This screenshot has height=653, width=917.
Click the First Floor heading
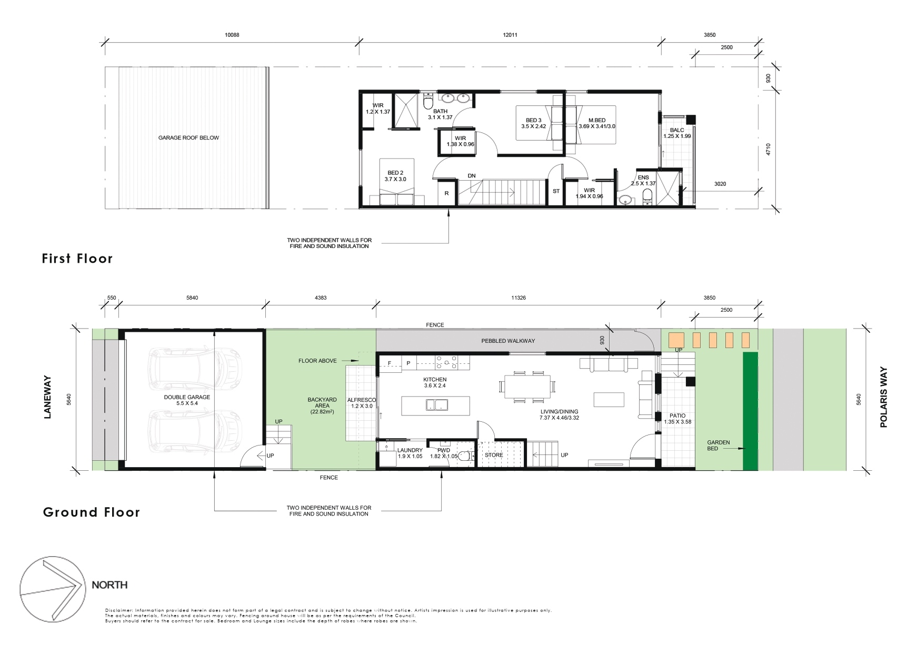tap(77, 259)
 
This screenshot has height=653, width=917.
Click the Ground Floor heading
tap(92, 512)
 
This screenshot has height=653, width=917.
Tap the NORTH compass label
tap(109, 585)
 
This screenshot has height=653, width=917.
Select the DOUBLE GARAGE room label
tap(187, 397)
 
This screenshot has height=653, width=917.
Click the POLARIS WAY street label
tap(883, 397)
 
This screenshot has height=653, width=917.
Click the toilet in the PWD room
tap(464, 457)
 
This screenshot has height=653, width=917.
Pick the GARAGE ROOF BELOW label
tap(188, 138)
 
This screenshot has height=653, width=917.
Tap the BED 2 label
tap(395, 173)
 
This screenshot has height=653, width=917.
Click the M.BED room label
tap(597, 120)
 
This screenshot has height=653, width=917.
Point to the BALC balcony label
tap(677, 130)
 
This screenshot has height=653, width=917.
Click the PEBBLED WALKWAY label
tap(508, 341)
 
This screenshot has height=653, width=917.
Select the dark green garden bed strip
tap(750, 411)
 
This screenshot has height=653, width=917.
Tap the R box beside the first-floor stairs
tap(446, 193)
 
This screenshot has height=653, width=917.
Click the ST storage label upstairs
tap(556, 191)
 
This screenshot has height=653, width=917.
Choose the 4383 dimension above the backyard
tap(321, 298)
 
